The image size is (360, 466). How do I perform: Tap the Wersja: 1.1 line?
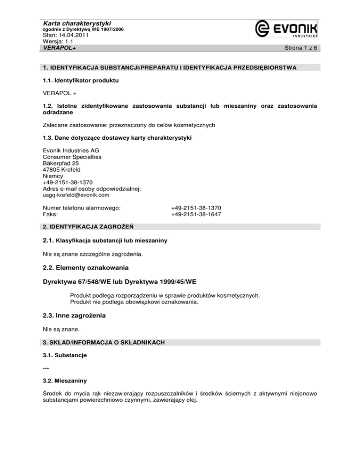(57, 41)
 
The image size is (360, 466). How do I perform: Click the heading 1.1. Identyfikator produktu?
(78, 81)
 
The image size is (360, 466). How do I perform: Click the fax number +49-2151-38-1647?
(196, 214)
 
